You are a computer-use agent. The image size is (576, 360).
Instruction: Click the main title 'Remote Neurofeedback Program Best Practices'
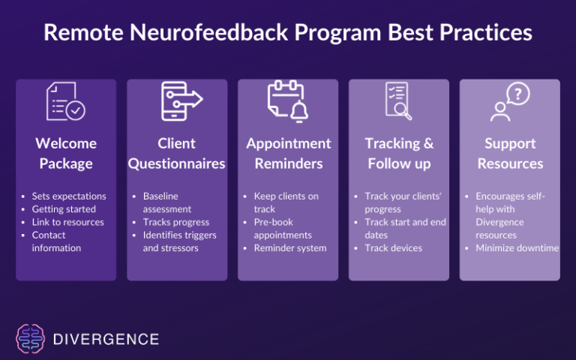click(288, 34)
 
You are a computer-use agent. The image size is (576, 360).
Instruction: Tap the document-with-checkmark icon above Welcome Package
click(66, 102)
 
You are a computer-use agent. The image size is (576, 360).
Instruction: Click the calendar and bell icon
click(288, 102)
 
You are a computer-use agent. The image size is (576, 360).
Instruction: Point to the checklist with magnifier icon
click(398, 102)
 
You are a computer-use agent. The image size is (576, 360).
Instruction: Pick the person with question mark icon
click(510, 102)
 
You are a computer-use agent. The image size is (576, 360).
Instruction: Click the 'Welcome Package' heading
click(66, 153)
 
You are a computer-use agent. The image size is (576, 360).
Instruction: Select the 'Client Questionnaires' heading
click(177, 153)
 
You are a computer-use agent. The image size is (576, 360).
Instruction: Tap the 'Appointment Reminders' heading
click(288, 153)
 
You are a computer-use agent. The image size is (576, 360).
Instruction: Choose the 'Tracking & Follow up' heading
click(399, 153)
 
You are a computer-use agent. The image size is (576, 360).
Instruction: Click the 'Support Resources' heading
click(510, 153)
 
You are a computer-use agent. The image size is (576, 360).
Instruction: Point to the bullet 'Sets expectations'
click(68, 196)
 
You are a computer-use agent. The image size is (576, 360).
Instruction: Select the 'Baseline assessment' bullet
click(166, 202)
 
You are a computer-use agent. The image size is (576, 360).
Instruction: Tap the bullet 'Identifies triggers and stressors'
click(180, 241)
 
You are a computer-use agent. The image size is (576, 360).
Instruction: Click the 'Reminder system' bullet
click(289, 248)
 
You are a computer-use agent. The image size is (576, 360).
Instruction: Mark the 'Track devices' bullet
click(393, 248)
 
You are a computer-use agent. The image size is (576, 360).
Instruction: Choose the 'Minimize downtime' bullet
click(517, 248)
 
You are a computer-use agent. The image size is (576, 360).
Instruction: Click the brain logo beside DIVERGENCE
click(31, 339)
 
